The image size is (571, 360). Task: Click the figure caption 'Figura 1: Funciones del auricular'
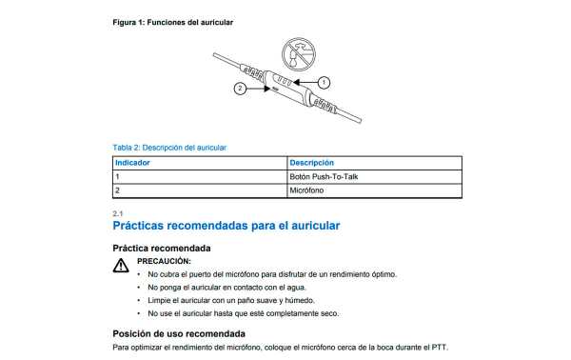point(171,21)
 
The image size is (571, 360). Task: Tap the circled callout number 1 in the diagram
point(324,82)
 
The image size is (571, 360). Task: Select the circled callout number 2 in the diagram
point(241,89)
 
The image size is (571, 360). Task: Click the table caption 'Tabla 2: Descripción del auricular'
point(169,148)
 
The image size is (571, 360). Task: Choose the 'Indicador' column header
point(132,163)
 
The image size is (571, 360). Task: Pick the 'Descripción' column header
point(311,163)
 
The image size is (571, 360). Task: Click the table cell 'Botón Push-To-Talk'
point(324,177)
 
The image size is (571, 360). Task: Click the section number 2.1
point(117,213)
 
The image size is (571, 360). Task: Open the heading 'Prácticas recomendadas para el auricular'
point(226,227)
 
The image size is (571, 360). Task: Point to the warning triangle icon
point(121,267)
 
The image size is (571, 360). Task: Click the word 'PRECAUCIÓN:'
point(164,260)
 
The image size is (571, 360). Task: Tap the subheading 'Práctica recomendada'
point(162,248)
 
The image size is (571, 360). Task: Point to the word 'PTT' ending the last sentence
point(439,348)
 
